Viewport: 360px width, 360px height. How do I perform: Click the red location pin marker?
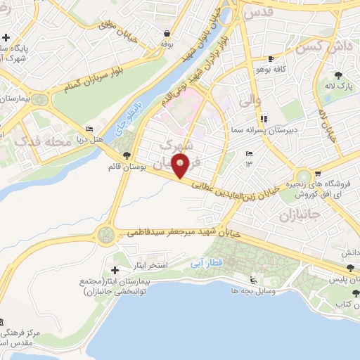pyautogui.click(x=181, y=167)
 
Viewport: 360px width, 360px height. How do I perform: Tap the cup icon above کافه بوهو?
pyautogui.click(x=271, y=58)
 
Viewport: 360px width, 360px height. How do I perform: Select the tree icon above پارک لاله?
pyautogui.click(x=340, y=74)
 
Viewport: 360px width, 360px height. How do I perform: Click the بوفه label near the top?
pyautogui.click(x=166, y=44)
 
